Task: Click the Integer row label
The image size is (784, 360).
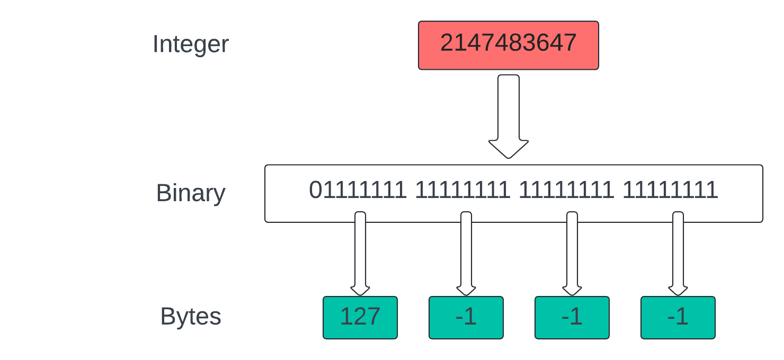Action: pyautogui.click(x=191, y=44)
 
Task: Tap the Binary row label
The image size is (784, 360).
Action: pyautogui.click(x=191, y=193)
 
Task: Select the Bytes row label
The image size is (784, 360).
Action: pyautogui.click(x=191, y=316)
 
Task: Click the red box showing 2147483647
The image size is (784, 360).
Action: pyautogui.click(x=508, y=46)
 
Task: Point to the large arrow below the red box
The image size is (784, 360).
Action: pyautogui.click(x=508, y=116)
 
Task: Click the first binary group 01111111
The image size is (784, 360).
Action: pyautogui.click(x=358, y=190)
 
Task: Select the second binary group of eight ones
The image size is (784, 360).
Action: pyautogui.click(x=462, y=190)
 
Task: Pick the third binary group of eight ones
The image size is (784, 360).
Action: pyautogui.click(x=566, y=190)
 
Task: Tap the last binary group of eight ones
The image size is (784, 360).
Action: pyautogui.click(x=670, y=190)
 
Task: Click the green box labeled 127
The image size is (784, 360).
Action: pyautogui.click(x=360, y=318)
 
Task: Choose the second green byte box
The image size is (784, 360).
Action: pyautogui.click(x=466, y=318)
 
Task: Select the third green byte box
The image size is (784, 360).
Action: pyautogui.click(x=572, y=318)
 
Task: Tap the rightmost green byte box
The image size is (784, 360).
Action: pyautogui.click(x=678, y=318)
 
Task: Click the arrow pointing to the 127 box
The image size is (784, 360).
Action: pyautogui.click(x=360, y=254)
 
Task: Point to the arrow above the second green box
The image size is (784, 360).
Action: pyautogui.click(x=466, y=254)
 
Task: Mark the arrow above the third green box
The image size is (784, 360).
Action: pyautogui.click(x=572, y=254)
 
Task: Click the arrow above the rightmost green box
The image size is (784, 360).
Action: pyautogui.click(x=678, y=254)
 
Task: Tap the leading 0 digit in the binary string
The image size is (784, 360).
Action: pyautogui.click(x=315, y=190)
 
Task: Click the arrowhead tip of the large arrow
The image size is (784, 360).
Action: pyautogui.click(x=508, y=158)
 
